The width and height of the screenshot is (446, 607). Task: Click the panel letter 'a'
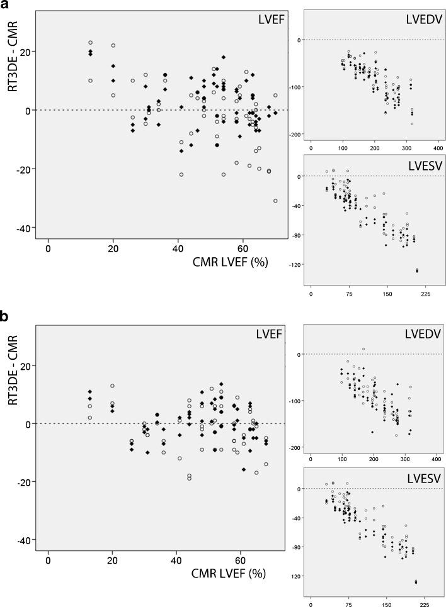[6, 6]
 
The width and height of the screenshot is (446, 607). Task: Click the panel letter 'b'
[6, 316]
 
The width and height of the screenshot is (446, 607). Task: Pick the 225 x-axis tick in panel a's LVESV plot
[424, 293]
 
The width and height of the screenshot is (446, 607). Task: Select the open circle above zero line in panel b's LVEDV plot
[363, 349]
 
